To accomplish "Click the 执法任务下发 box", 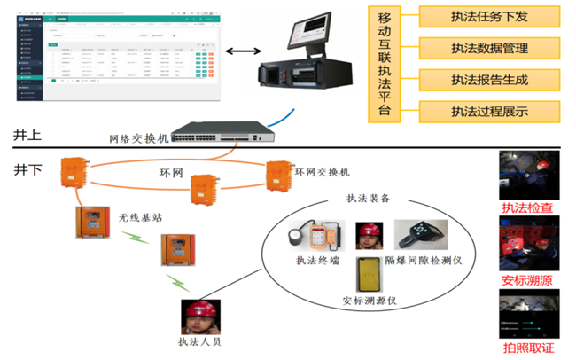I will (x=489, y=15).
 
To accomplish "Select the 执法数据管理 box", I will (x=489, y=47).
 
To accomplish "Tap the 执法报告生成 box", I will (x=489, y=80).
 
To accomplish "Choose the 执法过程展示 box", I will (x=489, y=112).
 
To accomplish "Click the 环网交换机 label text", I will (x=322, y=170).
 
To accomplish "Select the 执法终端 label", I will (x=317, y=260).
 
